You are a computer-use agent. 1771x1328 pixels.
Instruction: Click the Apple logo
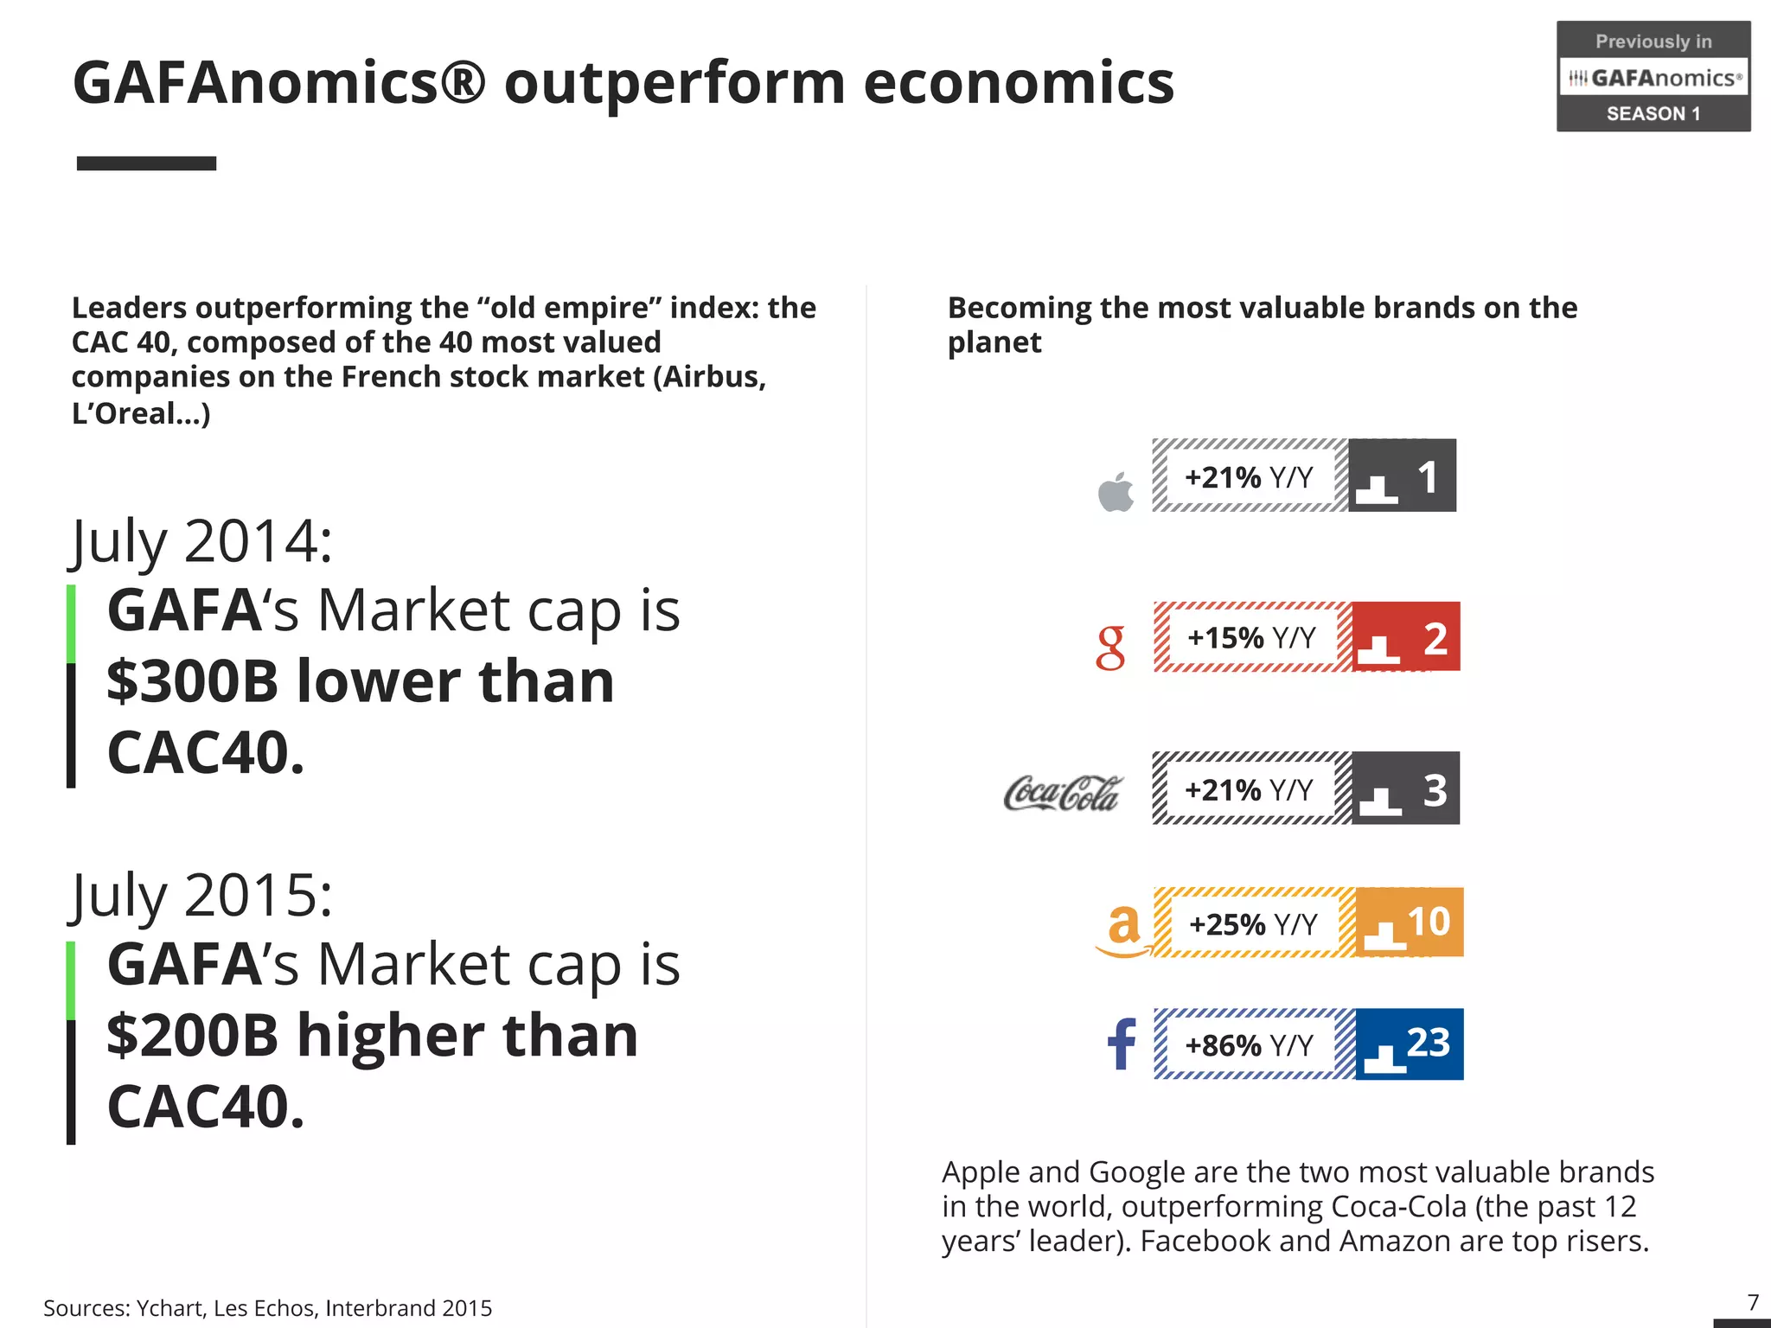(x=1116, y=492)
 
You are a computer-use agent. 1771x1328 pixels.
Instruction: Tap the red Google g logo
(x=1110, y=648)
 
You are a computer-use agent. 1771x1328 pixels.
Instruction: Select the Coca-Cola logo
(x=1062, y=793)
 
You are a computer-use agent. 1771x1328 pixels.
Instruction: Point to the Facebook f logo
(x=1122, y=1044)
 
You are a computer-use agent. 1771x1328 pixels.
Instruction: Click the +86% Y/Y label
(x=1248, y=1045)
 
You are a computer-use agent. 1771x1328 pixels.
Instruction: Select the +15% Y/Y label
(x=1250, y=638)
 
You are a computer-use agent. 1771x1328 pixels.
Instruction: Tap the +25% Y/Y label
(x=1252, y=924)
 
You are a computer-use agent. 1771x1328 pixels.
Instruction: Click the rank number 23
(x=1428, y=1042)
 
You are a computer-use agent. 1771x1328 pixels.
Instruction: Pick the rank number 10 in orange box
(x=1428, y=922)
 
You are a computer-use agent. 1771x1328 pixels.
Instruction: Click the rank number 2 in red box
(x=1435, y=639)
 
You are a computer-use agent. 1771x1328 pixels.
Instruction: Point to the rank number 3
(x=1435, y=789)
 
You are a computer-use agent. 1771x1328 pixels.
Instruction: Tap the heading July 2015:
(x=201, y=896)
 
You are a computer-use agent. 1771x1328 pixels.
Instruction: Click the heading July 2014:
(x=201, y=542)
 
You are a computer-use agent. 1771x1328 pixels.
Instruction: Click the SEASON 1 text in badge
(x=1653, y=114)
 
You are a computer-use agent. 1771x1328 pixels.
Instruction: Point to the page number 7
(x=1753, y=1302)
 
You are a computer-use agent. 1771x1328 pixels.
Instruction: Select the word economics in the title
(x=1018, y=83)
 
